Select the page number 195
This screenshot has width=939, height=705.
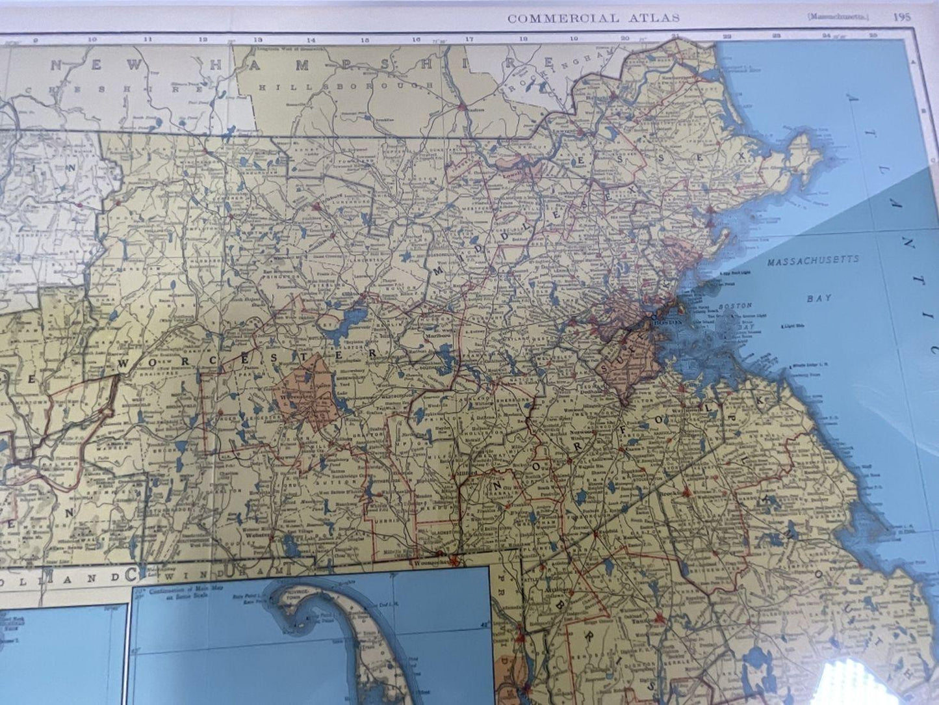(x=901, y=18)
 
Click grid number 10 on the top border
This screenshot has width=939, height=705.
(x=92, y=39)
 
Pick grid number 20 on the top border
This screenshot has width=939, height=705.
(x=624, y=38)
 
